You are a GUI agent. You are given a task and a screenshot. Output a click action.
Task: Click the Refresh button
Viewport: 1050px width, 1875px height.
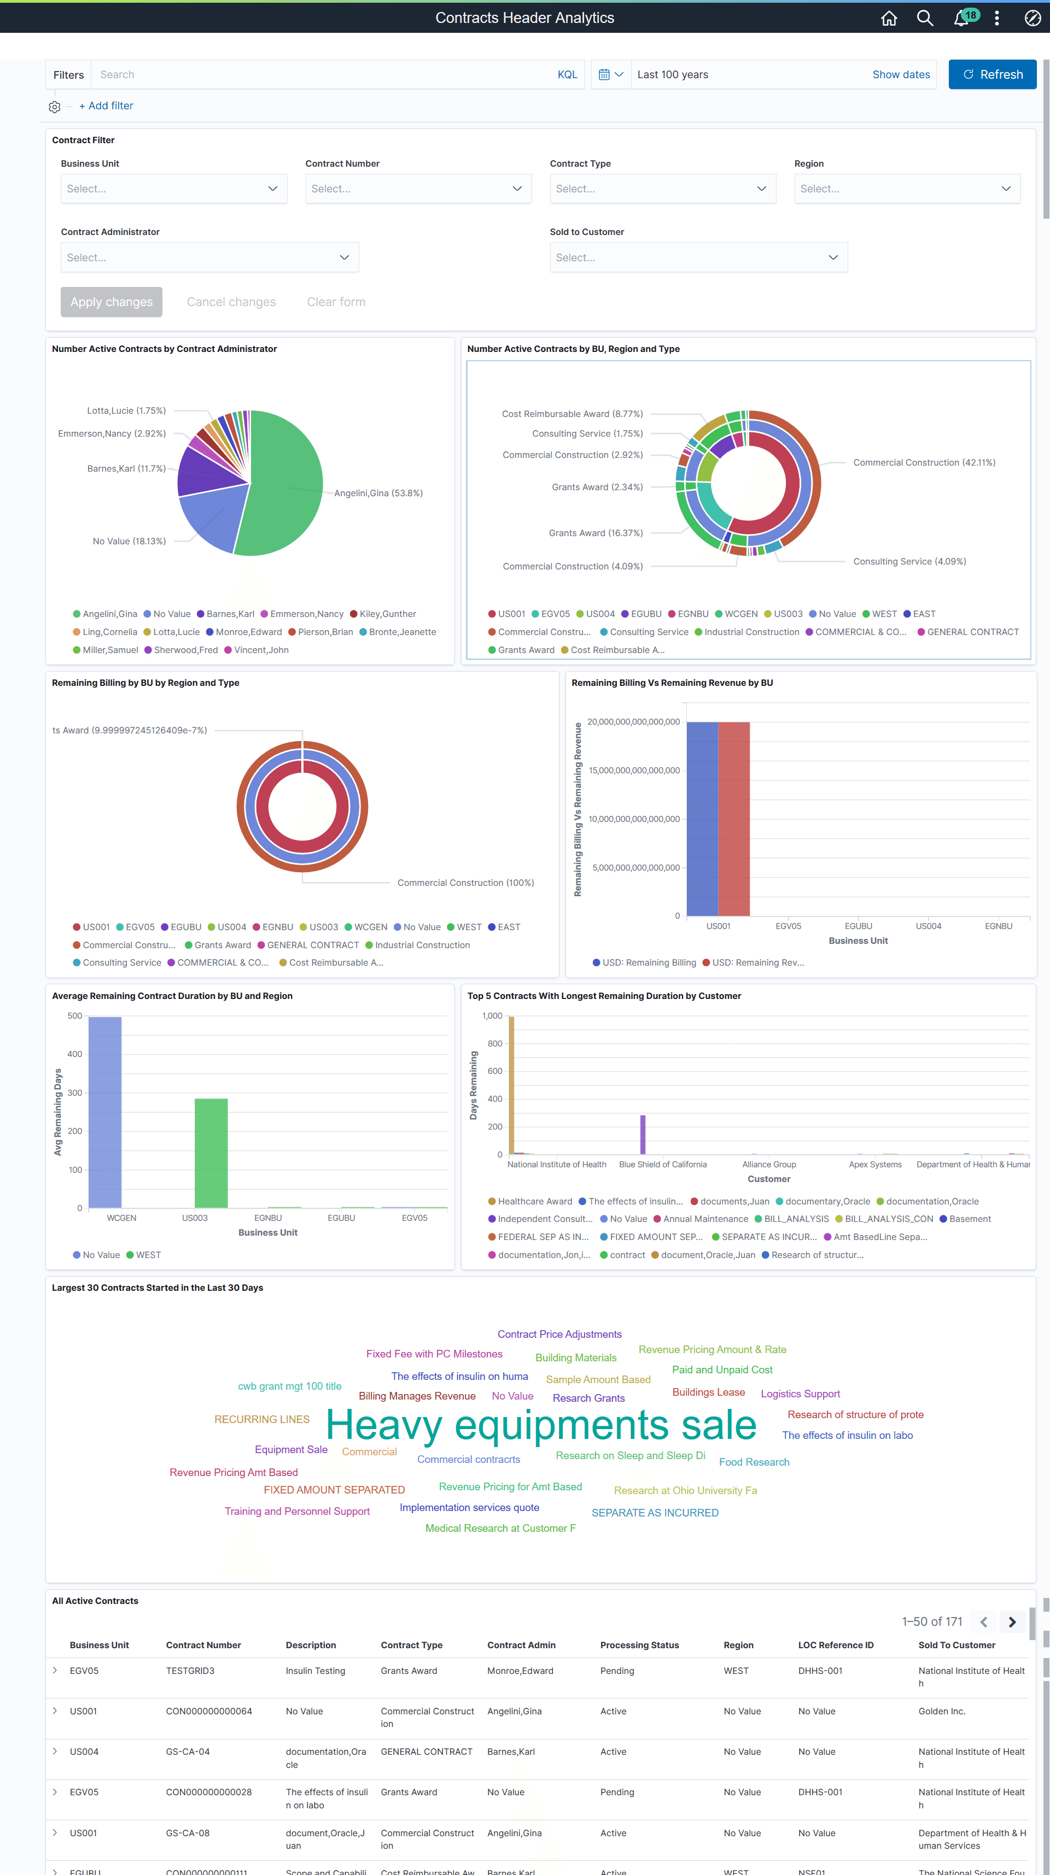[991, 74]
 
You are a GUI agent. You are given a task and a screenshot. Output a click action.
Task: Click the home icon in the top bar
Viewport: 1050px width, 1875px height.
[888, 18]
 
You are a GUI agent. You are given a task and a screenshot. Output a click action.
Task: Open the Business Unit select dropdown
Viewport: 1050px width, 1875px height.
[173, 189]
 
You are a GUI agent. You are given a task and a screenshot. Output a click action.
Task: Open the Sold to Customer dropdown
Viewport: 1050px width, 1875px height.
[698, 257]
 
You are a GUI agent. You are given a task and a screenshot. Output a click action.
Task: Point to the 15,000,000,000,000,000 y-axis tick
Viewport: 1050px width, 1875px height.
[633, 770]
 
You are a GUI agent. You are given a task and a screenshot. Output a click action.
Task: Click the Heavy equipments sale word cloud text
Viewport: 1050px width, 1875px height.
[541, 1425]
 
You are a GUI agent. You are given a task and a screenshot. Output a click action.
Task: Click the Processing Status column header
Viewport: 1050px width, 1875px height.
[639, 1645]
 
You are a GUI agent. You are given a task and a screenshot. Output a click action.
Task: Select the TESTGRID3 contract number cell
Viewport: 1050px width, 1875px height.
[190, 1671]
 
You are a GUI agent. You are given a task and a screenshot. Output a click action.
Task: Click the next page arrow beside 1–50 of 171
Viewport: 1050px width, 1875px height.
[1011, 1621]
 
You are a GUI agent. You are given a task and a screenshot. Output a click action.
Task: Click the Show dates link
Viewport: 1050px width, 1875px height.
[901, 74]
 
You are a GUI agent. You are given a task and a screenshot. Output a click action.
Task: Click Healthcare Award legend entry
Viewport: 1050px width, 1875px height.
[534, 1202]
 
